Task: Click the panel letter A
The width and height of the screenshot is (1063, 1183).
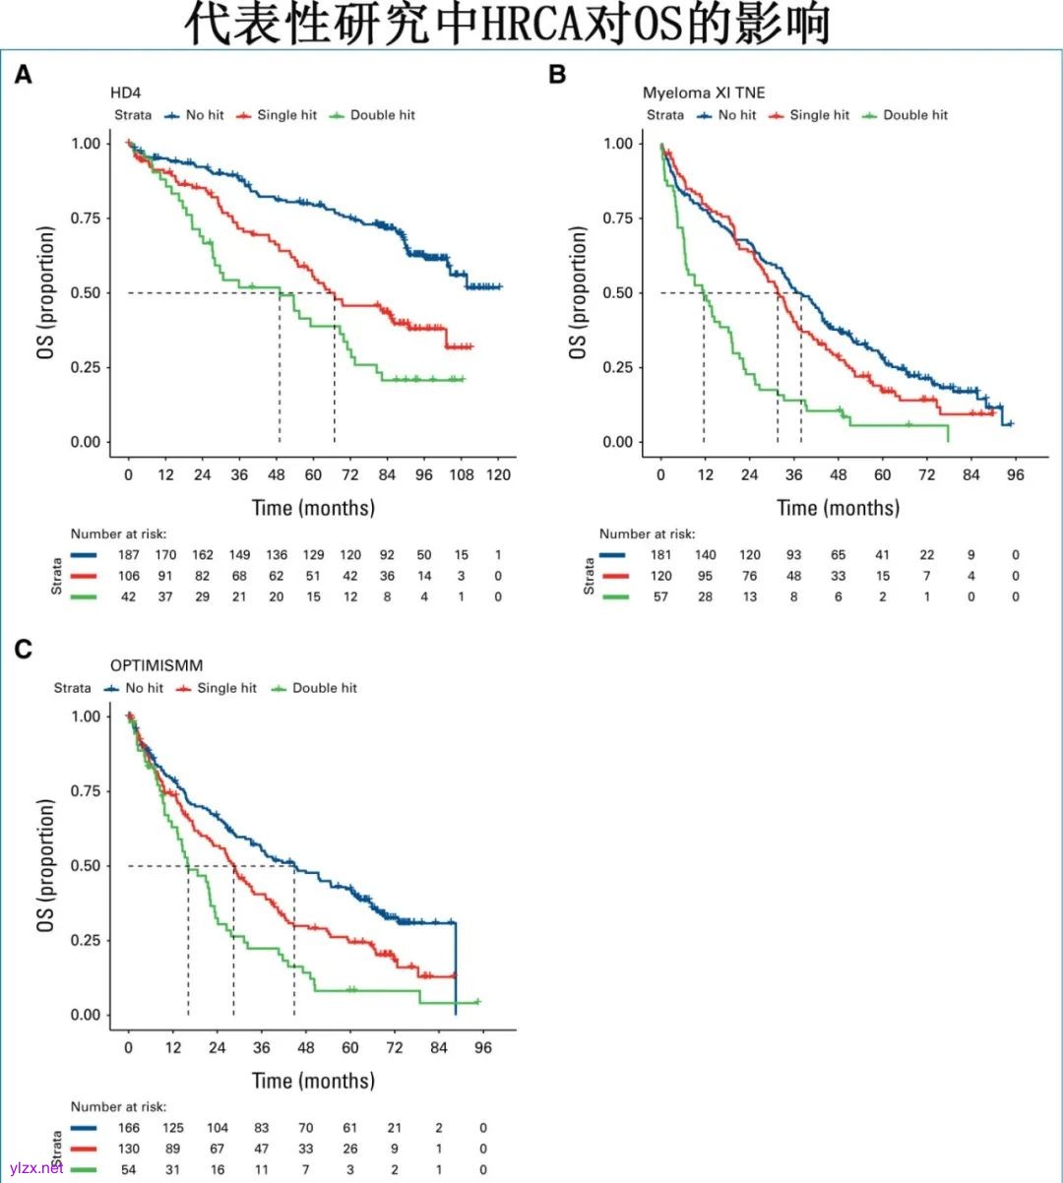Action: pyautogui.click(x=23, y=75)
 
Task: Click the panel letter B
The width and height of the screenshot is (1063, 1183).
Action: pyautogui.click(x=557, y=75)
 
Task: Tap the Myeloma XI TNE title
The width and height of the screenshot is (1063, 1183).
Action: pyautogui.click(x=703, y=93)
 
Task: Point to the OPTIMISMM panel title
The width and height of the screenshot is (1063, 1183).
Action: pyautogui.click(x=156, y=665)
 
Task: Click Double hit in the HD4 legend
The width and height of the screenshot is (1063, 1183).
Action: pyautogui.click(x=382, y=115)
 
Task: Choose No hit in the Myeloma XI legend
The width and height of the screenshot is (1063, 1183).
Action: pyautogui.click(x=736, y=115)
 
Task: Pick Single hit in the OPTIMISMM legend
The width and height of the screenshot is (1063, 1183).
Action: pyautogui.click(x=226, y=688)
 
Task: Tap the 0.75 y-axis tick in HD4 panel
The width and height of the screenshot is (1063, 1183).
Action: pyautogui.click(x=86, y=218)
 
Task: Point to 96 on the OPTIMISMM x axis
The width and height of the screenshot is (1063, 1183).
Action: pyautogui.click(x=483, y=1048)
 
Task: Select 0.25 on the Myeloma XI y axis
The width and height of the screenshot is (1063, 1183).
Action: pyautogui.click(x=618, y=367)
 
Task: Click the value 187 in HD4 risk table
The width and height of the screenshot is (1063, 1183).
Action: pyautogui.click(x=129, y=555)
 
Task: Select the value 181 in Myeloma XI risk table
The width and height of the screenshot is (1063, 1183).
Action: pyautogui.click(x=660, y=555)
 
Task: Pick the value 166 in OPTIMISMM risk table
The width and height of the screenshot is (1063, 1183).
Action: pyautogui.click(x=129, y=1128)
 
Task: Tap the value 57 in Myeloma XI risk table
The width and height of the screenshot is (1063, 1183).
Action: pyautogui.click(x=660, y=596)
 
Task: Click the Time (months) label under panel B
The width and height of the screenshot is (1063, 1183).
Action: pyautogui.click(x=838, y=508)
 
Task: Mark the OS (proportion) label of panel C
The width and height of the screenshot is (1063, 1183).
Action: pyautogui.click(x=46, y=866)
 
